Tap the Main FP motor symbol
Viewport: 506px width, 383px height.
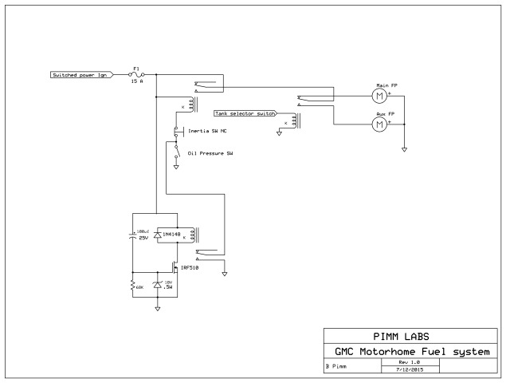379,96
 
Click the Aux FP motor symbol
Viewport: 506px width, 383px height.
379,124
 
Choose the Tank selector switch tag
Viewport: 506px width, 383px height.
245,114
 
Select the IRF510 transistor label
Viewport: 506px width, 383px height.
190,267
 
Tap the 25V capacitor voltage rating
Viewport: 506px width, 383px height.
143,237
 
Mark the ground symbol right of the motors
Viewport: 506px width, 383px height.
404,148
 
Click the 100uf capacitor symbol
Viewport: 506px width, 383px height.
133,235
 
